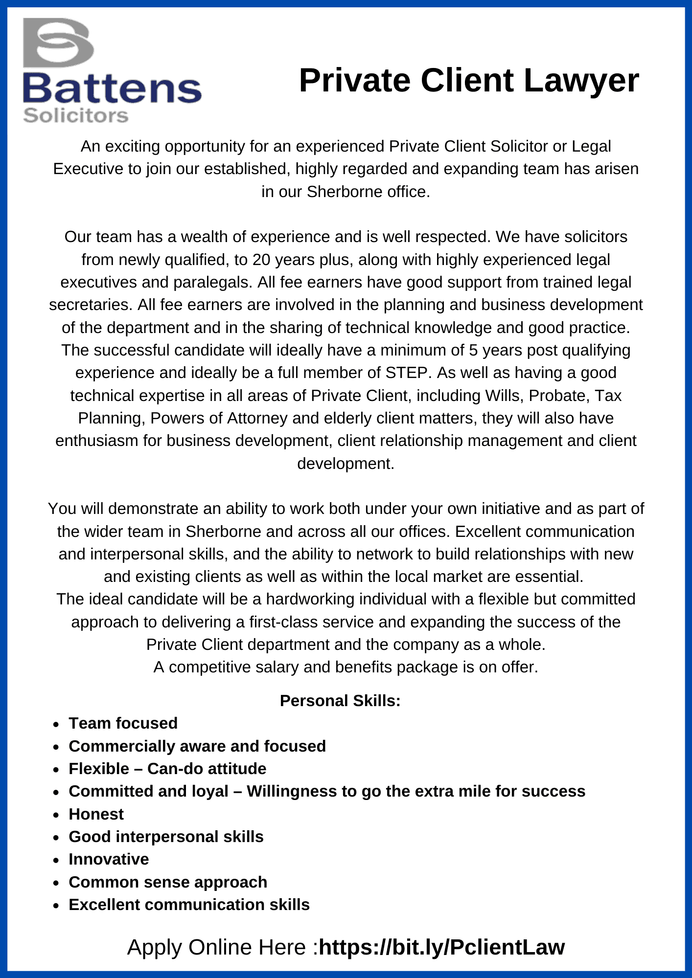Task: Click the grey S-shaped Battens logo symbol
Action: click(x=58, y=43)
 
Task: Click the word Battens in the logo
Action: click(x=112, y=89)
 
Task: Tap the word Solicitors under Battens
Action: click(x=75, y=116)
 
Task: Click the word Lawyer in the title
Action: click(x=581, y=81)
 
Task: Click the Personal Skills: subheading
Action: click(x=340, y=701)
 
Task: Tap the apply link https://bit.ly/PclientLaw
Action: click(x=441, y=947)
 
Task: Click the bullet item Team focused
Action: click(x=123, y=723)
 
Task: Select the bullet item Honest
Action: click(x=96, y=814)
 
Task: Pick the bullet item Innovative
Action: click(x=109, y=859)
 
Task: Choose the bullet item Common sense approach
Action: click(x=168, y=882)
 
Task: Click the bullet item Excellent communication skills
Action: click(x=189, y=905)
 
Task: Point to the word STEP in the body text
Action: click(x=407, y=373)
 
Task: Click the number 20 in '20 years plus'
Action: click(x=261, y=260)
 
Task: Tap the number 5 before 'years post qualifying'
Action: click(x=473, y=350)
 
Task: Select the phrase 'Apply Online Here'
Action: click(x=219, y=947)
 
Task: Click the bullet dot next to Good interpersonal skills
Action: click(x=57, y=837)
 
